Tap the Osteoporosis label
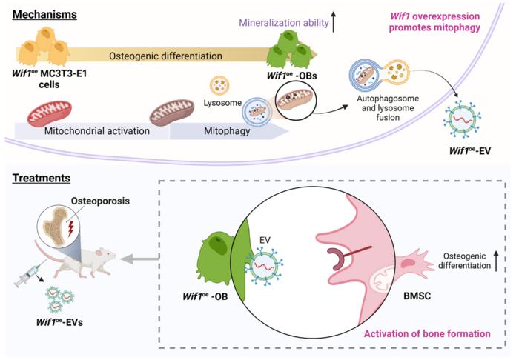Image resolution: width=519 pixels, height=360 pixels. tap(79, 200)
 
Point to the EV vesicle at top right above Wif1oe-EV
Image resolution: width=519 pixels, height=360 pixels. tap(470, 116)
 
